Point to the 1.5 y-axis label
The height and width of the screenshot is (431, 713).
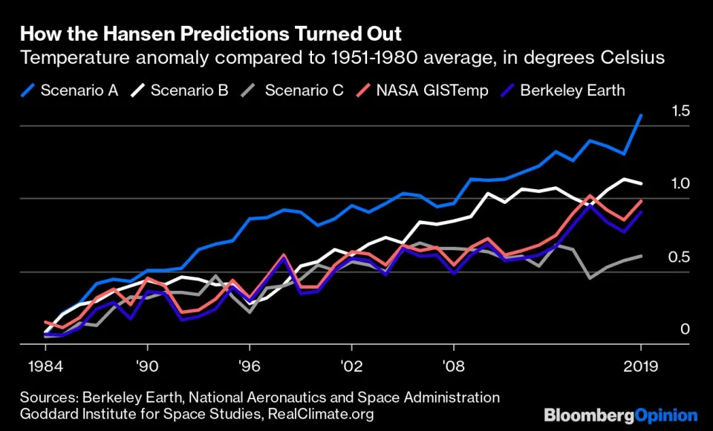[x=681, y=111]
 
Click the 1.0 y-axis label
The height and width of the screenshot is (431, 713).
[x=681, y=183]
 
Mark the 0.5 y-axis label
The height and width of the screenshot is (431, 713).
[x=681, y=257]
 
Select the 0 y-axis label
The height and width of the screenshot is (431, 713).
[x=686, y=329]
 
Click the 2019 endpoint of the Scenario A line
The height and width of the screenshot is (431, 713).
[x=641, y=116]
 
